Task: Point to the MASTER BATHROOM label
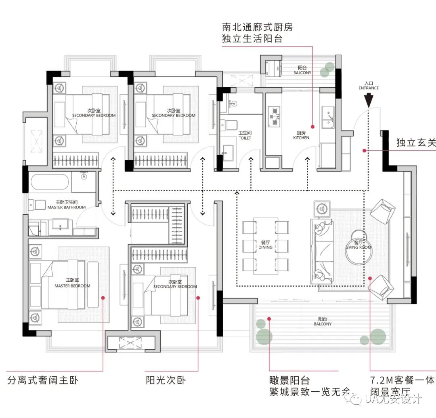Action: coord(67,205)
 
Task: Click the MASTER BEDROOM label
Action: coord(73,283)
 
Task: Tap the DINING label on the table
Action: coord(265,245)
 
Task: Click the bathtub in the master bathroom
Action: coord(50,183)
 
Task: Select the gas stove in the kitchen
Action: coord(275,116)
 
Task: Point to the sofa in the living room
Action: coord(321,251)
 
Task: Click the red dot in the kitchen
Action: coord(312,126)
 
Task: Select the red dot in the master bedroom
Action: coord(103,298)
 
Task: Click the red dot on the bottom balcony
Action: coord(269,318)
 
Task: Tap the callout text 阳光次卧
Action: coord(166,380)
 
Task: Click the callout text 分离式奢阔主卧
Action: coord(43,380)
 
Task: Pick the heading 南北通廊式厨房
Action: coord(257,27)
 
